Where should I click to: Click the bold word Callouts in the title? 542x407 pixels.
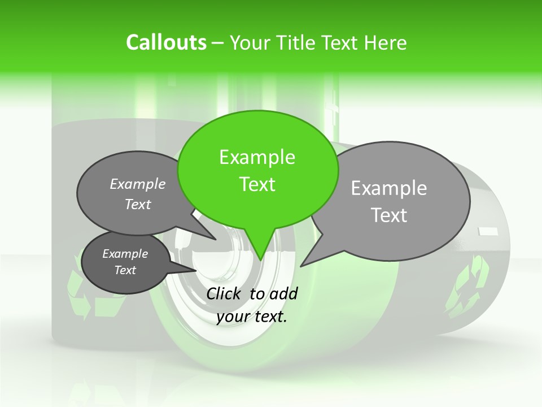coord(166,42)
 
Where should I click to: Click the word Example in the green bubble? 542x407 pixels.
coord(257,157)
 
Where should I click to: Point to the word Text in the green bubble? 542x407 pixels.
coord(257,184)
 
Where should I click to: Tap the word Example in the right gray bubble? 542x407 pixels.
coord(389,188)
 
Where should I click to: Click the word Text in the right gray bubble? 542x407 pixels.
coord(389,215)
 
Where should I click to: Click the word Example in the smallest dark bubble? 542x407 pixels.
coord(125,254)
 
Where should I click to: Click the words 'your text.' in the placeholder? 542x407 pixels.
coord(252,317)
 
